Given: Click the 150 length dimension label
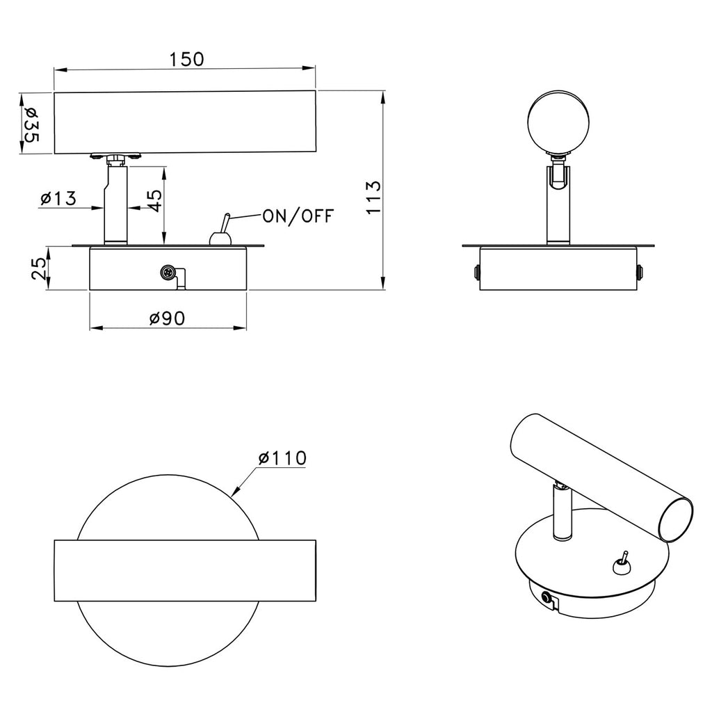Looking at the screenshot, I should click(186, 59).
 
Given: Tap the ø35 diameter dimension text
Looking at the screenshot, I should click(31, 124).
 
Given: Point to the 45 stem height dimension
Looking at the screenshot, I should click(154, 201).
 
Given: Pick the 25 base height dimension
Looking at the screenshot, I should click(40, 268).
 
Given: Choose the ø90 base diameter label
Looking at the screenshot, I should click(167, 318).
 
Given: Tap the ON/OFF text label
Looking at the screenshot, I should click(298, 216).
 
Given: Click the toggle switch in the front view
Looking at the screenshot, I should click(222, 232).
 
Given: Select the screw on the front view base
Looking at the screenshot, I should click(167, 273).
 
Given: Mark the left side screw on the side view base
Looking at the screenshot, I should click(476, 272).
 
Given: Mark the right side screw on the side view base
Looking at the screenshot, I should click(640, 272).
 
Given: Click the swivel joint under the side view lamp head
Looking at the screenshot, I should click(559, 173).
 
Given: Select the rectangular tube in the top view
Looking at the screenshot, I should click(185, 571).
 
